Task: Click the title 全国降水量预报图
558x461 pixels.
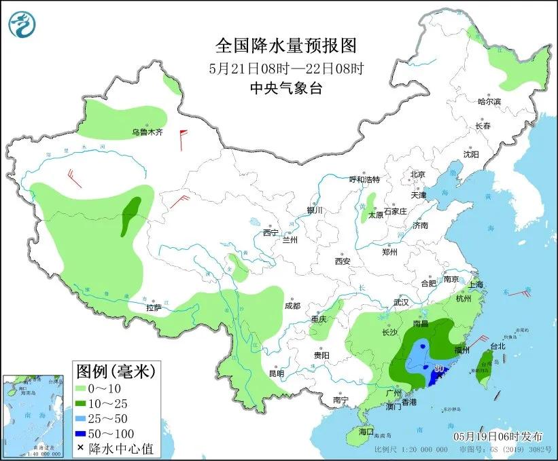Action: click(x=285, y=45)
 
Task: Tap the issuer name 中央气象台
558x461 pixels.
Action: click(x=285, y=88)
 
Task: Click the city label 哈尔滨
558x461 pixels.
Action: click(x=489, y=102)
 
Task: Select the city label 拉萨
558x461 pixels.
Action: click(x=154, y=308)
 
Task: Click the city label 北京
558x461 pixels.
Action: click(x=417, y=174)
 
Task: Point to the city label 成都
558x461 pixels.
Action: click(x=293, y=305)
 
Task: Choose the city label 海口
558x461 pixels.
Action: click(x=366, y=432)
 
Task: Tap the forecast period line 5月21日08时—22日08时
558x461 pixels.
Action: click(x=285, y=67)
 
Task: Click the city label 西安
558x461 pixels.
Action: click(x=342, y=261)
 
